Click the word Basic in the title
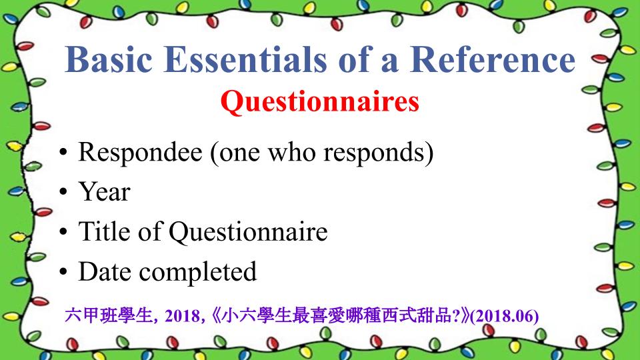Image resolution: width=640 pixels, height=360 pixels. tap(109, 59)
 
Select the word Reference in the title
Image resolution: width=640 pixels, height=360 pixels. tap(493, 59)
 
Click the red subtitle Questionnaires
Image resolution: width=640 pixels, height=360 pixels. tap(319, 101)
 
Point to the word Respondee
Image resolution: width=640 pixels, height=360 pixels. tap(140, 153)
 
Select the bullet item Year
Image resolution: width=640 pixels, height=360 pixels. tap(105, 191)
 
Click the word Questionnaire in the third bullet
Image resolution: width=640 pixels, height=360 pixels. tap(248, 232)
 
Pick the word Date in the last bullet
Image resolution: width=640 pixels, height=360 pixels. tap(105, 271)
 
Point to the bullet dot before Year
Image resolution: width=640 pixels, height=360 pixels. tap(63, 192)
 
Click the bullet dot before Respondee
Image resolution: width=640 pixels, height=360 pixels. tap(63, 152)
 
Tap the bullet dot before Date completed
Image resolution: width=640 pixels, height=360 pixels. tap(63, 271)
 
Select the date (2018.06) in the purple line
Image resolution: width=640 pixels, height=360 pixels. tap(505, 316)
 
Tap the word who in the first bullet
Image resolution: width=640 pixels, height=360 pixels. tap(292, 152)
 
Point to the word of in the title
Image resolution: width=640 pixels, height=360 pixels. tap(355, 59)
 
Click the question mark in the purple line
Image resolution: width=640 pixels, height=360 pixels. tap(456, 315)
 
